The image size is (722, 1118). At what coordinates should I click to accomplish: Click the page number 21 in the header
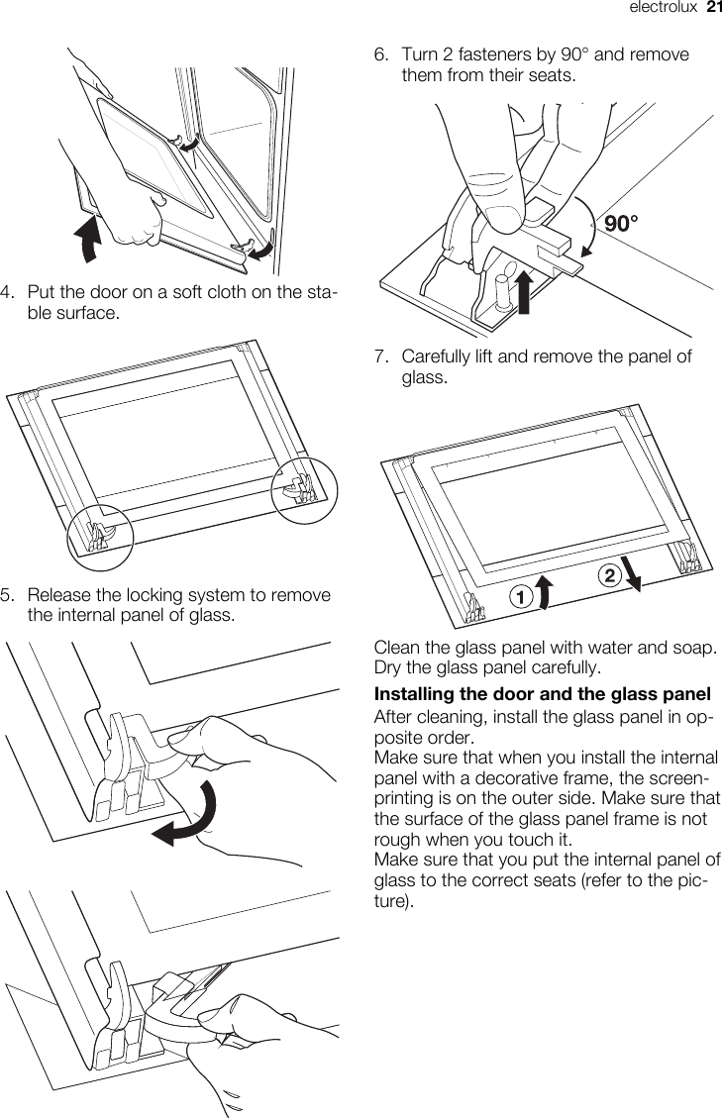pos(712,9)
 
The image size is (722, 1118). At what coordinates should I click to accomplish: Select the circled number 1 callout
pos(518,597)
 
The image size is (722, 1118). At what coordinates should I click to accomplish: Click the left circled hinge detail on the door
pos(99,536)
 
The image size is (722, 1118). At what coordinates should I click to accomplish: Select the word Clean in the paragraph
pos(396,648)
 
